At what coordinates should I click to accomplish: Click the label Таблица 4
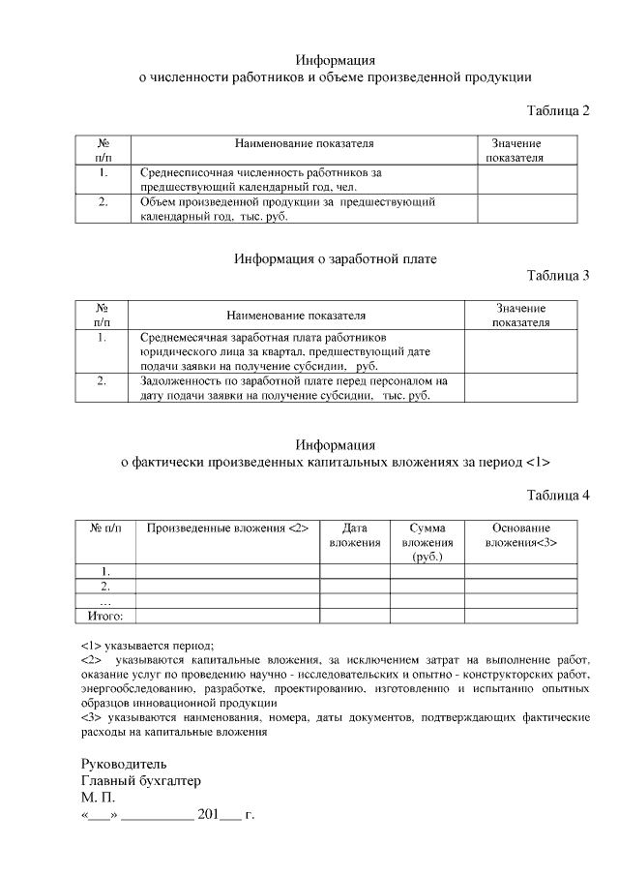coord(558,497)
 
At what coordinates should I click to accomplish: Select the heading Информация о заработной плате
coord(336,259)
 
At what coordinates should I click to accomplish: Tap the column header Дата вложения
coord(355,536)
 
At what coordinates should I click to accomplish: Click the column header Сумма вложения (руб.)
coord(427,543)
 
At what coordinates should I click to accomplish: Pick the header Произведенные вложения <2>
coord(227,529)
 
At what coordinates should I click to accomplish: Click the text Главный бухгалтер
coord(141,781)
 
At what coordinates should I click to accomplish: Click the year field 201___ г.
coord(224,816)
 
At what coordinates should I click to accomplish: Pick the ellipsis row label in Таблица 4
coord(105,601)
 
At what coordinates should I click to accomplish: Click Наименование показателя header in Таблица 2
coord(304,143)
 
